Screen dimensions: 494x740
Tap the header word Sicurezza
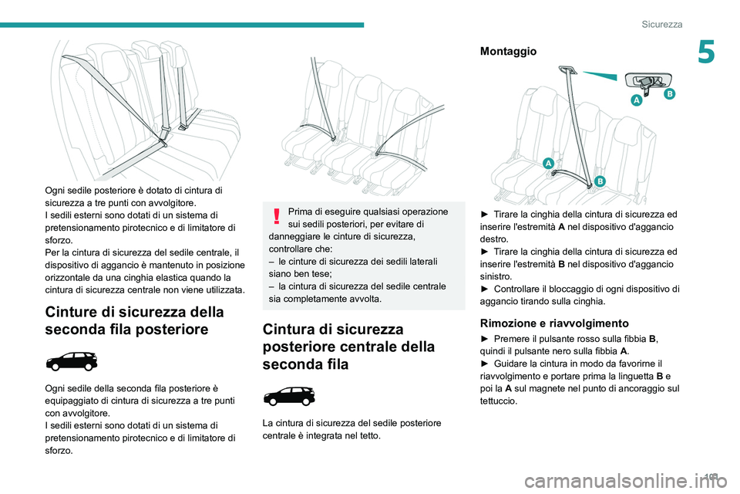(662, 25)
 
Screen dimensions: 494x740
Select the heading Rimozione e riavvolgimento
(555, 323)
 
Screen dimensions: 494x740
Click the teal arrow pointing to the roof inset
(600, 75)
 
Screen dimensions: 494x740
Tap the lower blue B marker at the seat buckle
(599, 181)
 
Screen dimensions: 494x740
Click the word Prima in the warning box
(302, 211)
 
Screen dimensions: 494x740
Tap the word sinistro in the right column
(497, 276)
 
